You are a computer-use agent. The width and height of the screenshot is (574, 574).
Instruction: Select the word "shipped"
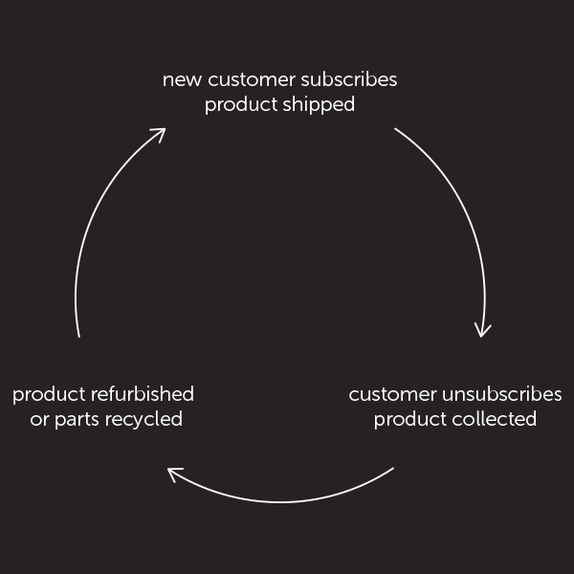(319, 104)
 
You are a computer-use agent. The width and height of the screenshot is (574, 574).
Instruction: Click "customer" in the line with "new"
(250, 79)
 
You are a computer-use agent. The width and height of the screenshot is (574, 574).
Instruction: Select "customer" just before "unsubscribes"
(392, 394)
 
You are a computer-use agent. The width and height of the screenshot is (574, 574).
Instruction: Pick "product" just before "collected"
(409, 419)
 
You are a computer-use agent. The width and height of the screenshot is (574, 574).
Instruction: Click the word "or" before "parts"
(39, 420)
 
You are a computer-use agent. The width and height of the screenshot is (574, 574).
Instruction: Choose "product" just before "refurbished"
(49, 394)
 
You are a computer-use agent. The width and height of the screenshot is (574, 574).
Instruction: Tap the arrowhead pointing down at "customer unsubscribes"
(483, 331)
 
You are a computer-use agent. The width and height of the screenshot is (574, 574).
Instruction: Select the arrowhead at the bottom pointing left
(173, 473)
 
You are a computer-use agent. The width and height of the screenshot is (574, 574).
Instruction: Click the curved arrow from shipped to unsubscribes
(464, 211)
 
